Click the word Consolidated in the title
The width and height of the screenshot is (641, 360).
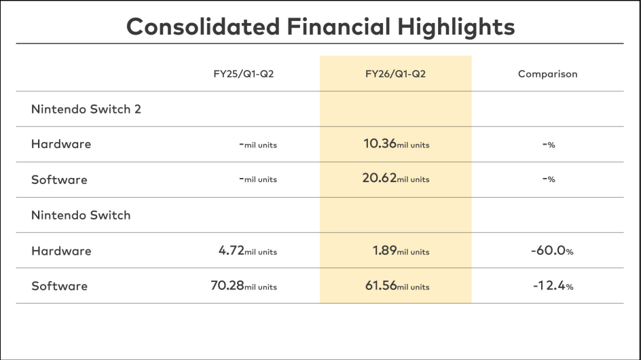[x=203, y=27]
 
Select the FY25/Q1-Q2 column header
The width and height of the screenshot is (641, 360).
[x=243, y=74]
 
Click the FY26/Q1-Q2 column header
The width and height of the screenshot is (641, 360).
[x=395, y=74]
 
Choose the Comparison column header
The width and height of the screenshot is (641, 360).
[x=547, y=74]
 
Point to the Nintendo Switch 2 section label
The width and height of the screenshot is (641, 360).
[x=86, y=109]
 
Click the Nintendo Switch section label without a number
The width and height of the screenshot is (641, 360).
[x=81, y=215]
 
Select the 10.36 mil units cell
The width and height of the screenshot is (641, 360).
[x=397, y=144]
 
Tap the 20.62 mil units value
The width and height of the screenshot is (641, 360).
[x=397, y=179]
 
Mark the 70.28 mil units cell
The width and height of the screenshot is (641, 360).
[x=244, y=286]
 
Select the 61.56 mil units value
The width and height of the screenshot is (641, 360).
[x=397, y=286]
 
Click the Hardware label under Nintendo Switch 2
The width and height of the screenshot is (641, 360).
[x=61, y=144]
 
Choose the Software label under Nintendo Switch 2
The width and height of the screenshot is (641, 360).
[x=59, y=180]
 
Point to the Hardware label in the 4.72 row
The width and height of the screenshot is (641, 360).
[x=61, y=251]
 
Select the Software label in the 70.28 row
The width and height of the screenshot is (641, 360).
[x=59, y=286]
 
